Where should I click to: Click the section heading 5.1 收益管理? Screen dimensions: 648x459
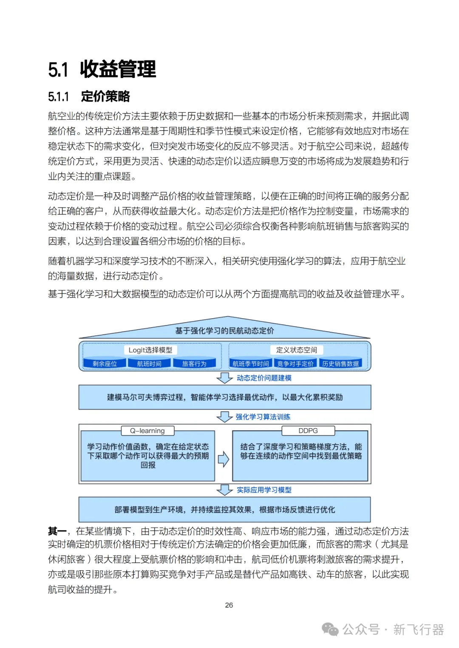click(102, 70)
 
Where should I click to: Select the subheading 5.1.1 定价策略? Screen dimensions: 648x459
click(89, 97)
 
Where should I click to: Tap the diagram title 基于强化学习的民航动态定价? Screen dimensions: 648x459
click(224, 331)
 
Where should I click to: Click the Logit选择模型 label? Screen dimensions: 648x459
click(150, 350)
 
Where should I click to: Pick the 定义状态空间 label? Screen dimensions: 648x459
click(297, 350)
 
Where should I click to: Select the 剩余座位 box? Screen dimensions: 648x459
click(105, 364)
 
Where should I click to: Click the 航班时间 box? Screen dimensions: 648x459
click(149, 364)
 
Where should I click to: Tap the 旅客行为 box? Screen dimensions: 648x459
click(194, 364)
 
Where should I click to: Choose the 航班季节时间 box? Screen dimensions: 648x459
click(251, 364)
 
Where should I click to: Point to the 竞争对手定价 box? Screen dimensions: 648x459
click(295, 364)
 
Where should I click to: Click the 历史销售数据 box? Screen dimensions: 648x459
click(340, 364)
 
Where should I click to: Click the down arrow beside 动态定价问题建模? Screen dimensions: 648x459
click(224, 378)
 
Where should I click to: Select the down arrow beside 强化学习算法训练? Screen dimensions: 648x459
click(224, 417)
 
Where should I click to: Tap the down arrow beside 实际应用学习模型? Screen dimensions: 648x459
click(224, 490)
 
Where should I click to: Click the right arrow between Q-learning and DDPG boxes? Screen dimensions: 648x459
click(224, 459)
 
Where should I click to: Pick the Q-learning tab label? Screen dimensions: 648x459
click(147, 431)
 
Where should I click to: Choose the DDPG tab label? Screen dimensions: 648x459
click(308, 431)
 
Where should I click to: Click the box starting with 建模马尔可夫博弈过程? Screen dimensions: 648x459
click(224, 397)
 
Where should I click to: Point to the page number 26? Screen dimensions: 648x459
click(229, 605)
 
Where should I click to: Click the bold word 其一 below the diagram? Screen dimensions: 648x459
click(57, 531)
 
